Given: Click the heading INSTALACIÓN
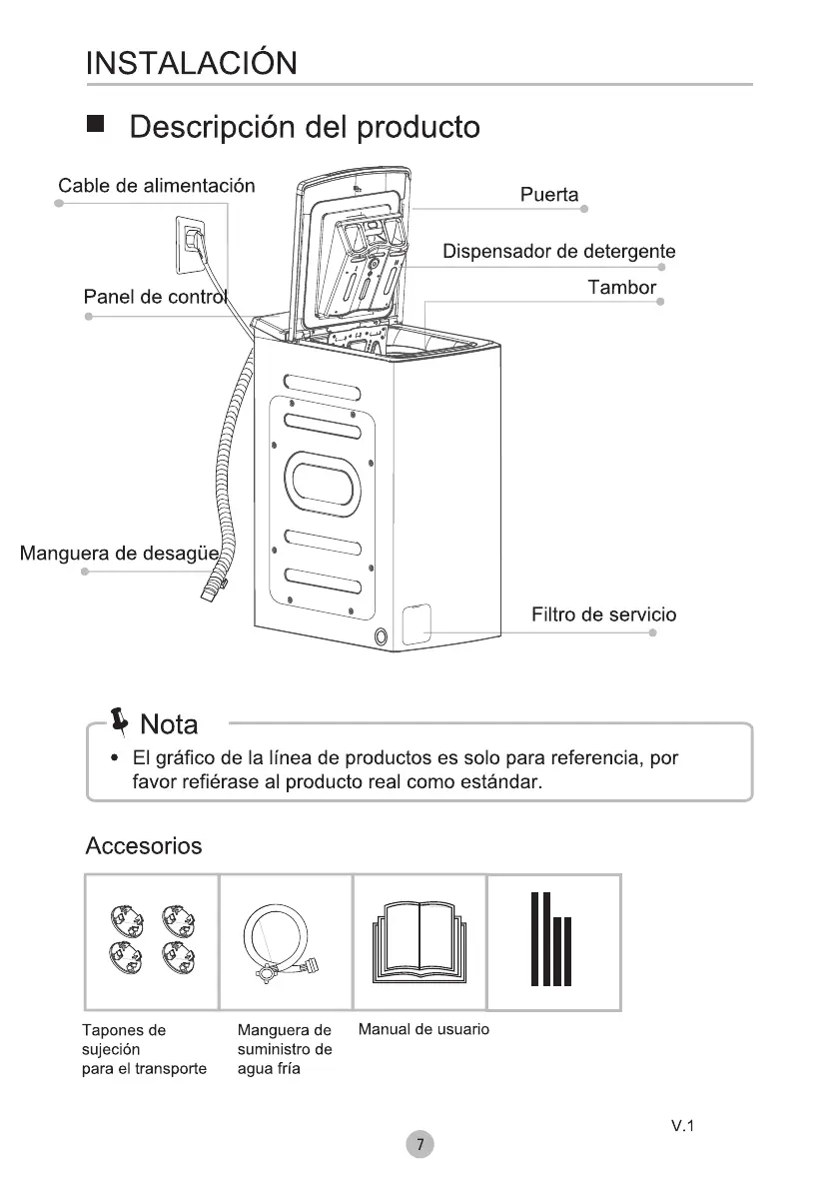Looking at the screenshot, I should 191,63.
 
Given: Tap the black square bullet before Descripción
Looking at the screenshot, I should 95,126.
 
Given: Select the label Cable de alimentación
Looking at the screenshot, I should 157,186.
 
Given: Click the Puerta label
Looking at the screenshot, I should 549,195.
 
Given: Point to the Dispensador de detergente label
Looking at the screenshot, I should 559,251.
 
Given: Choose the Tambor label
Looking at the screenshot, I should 622,288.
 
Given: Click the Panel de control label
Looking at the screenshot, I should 156,297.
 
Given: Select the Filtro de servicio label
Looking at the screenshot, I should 603,614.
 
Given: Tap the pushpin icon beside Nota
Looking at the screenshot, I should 121,719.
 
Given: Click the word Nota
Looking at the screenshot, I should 170,723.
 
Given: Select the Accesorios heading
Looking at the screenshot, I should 144,846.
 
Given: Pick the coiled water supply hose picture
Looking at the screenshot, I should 283,944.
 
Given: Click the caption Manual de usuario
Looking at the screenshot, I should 423,1029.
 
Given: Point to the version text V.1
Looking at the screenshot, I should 682,1126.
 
